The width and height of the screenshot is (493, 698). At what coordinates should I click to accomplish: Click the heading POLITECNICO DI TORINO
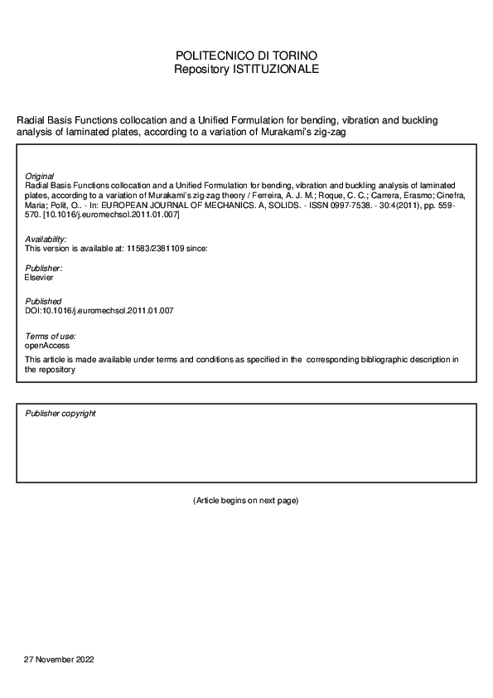click(246, 56)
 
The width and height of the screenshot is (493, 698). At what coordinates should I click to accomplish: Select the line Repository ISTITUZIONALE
click(246, 69)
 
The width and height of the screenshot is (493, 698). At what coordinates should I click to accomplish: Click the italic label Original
click(40, 177)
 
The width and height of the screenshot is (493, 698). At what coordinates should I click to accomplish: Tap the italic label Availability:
click(46, 239)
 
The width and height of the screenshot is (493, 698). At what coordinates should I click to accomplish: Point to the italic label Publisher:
click(44, 269)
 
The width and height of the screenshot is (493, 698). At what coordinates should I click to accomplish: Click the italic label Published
click(43, 301)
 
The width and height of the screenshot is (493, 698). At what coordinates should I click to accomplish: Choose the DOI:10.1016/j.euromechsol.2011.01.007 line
click(99, 310)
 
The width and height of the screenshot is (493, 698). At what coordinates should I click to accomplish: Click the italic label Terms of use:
click(51, 335)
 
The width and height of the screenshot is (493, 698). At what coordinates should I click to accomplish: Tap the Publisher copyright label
click(60, 413)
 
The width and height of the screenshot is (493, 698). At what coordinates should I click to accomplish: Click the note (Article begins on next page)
click(245, 501)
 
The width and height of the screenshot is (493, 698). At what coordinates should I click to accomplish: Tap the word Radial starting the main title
click(31, 120)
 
